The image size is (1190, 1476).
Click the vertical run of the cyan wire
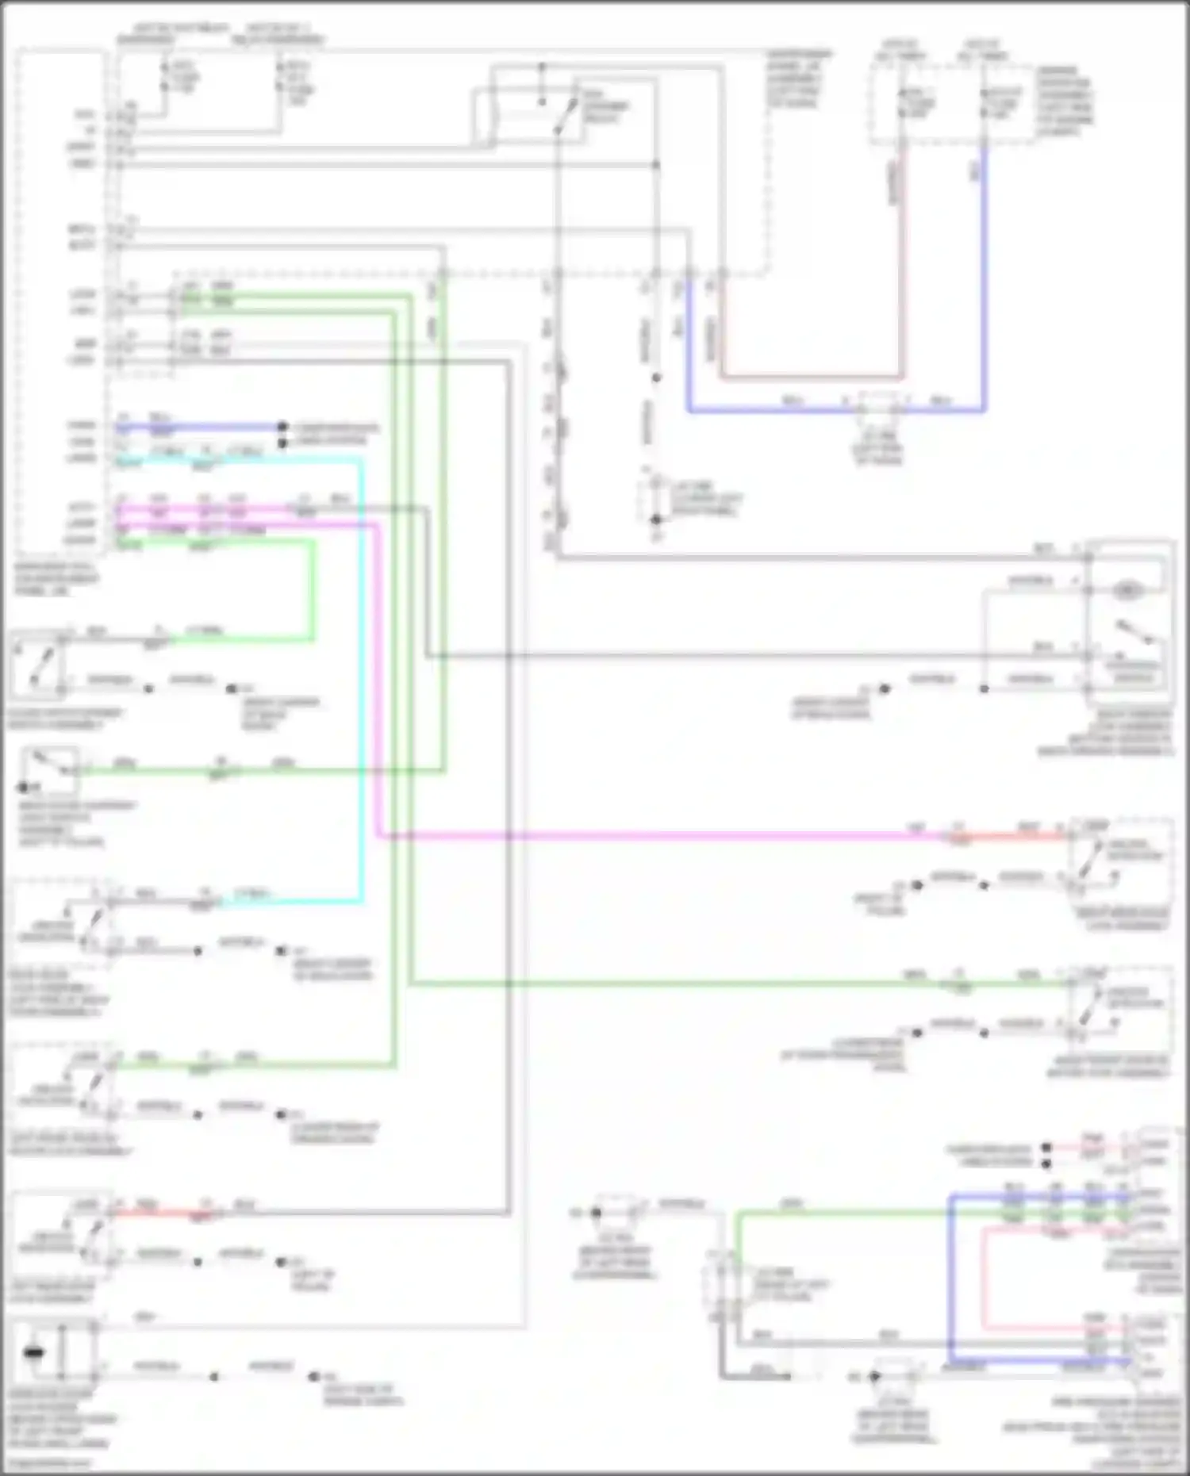(x=363, y=674)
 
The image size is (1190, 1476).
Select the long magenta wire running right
(x=635, y=835)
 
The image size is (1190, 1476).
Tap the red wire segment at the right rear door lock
(x=1023, y=834)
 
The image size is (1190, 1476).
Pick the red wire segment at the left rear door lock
(x=159, y=1213)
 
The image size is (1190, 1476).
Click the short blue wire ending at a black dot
(x=198, y=427)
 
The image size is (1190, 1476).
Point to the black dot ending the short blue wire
(x=282, y=427)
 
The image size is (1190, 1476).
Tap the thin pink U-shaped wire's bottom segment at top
(x=809, y=376)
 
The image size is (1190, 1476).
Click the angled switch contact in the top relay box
(x=565, y=117)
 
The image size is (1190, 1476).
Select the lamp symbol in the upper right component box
(x=1126, y=590)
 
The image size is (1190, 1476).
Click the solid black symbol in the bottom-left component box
(x=34, y=1352)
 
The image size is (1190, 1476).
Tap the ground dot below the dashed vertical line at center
(x=656, y=520)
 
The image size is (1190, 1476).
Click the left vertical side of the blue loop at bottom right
(x=950, y=1277)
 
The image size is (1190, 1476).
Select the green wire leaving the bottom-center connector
(x=841, y=1212)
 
